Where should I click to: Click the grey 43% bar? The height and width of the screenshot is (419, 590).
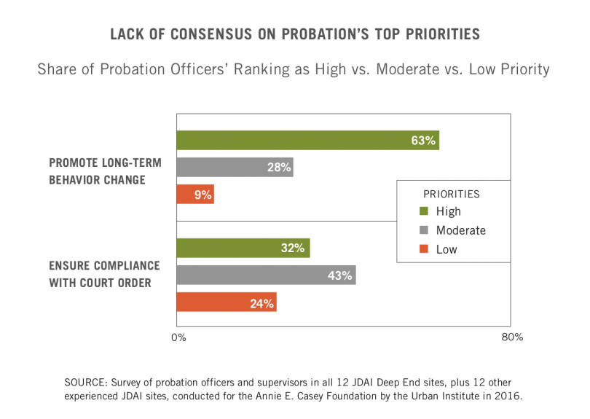point(266,275)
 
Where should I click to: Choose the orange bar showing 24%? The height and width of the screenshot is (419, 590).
point(227,302)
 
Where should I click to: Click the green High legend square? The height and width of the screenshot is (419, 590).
point(423,211)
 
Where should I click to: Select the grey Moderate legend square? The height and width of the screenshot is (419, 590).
point(423,230)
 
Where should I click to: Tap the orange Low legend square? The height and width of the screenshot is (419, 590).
point(423,249)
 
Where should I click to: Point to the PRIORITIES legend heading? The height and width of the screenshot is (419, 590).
point(451,194)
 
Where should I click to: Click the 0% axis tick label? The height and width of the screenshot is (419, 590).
point(178,337)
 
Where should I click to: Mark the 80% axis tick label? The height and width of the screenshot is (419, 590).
point(512,337)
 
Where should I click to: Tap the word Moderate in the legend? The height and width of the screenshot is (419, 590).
point(460,230)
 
